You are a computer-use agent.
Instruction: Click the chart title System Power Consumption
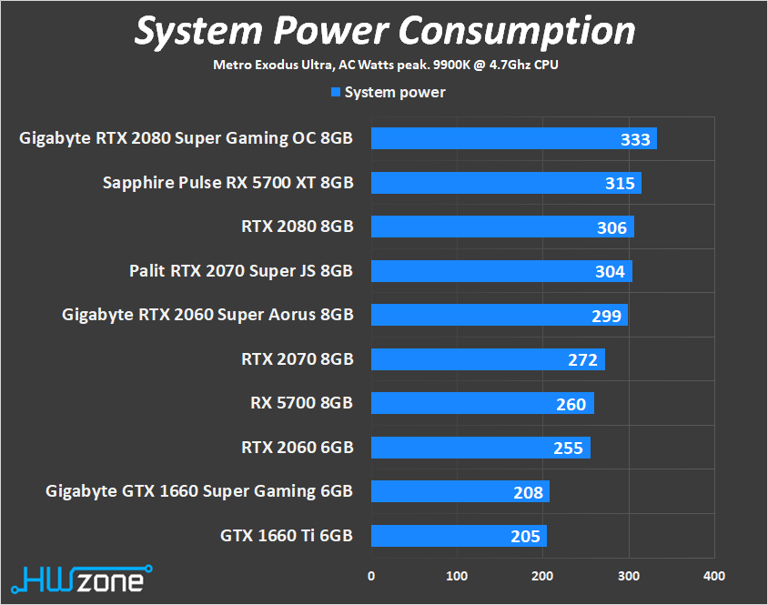384,31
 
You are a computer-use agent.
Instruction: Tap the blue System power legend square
335,92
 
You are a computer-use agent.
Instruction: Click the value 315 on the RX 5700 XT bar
620,183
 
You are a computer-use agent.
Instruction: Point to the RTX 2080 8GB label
297,227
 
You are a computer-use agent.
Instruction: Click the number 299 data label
606,316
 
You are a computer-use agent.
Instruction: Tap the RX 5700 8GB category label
301,403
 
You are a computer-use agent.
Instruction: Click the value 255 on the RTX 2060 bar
568,448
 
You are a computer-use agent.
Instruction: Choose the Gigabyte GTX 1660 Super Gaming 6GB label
199,491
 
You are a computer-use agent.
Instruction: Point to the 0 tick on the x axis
371,576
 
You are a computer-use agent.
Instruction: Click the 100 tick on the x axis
457,576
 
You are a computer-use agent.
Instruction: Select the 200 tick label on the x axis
543,576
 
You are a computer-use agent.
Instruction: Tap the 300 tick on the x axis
629,576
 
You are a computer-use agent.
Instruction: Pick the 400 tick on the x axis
714,576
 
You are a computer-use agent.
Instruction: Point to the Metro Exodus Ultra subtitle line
383,66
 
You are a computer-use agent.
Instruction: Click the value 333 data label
635,139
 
